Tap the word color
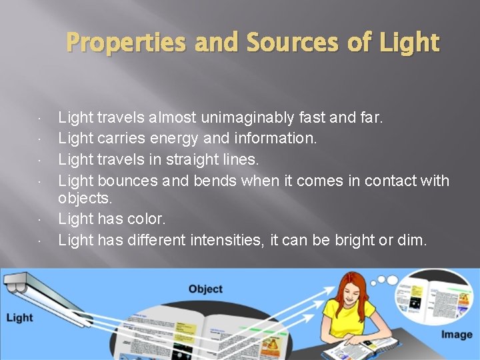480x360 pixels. click(145, 219)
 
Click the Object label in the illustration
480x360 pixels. click(205, 289)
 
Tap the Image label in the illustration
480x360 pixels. click(456, 334)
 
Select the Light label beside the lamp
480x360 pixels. click(19, 317)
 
